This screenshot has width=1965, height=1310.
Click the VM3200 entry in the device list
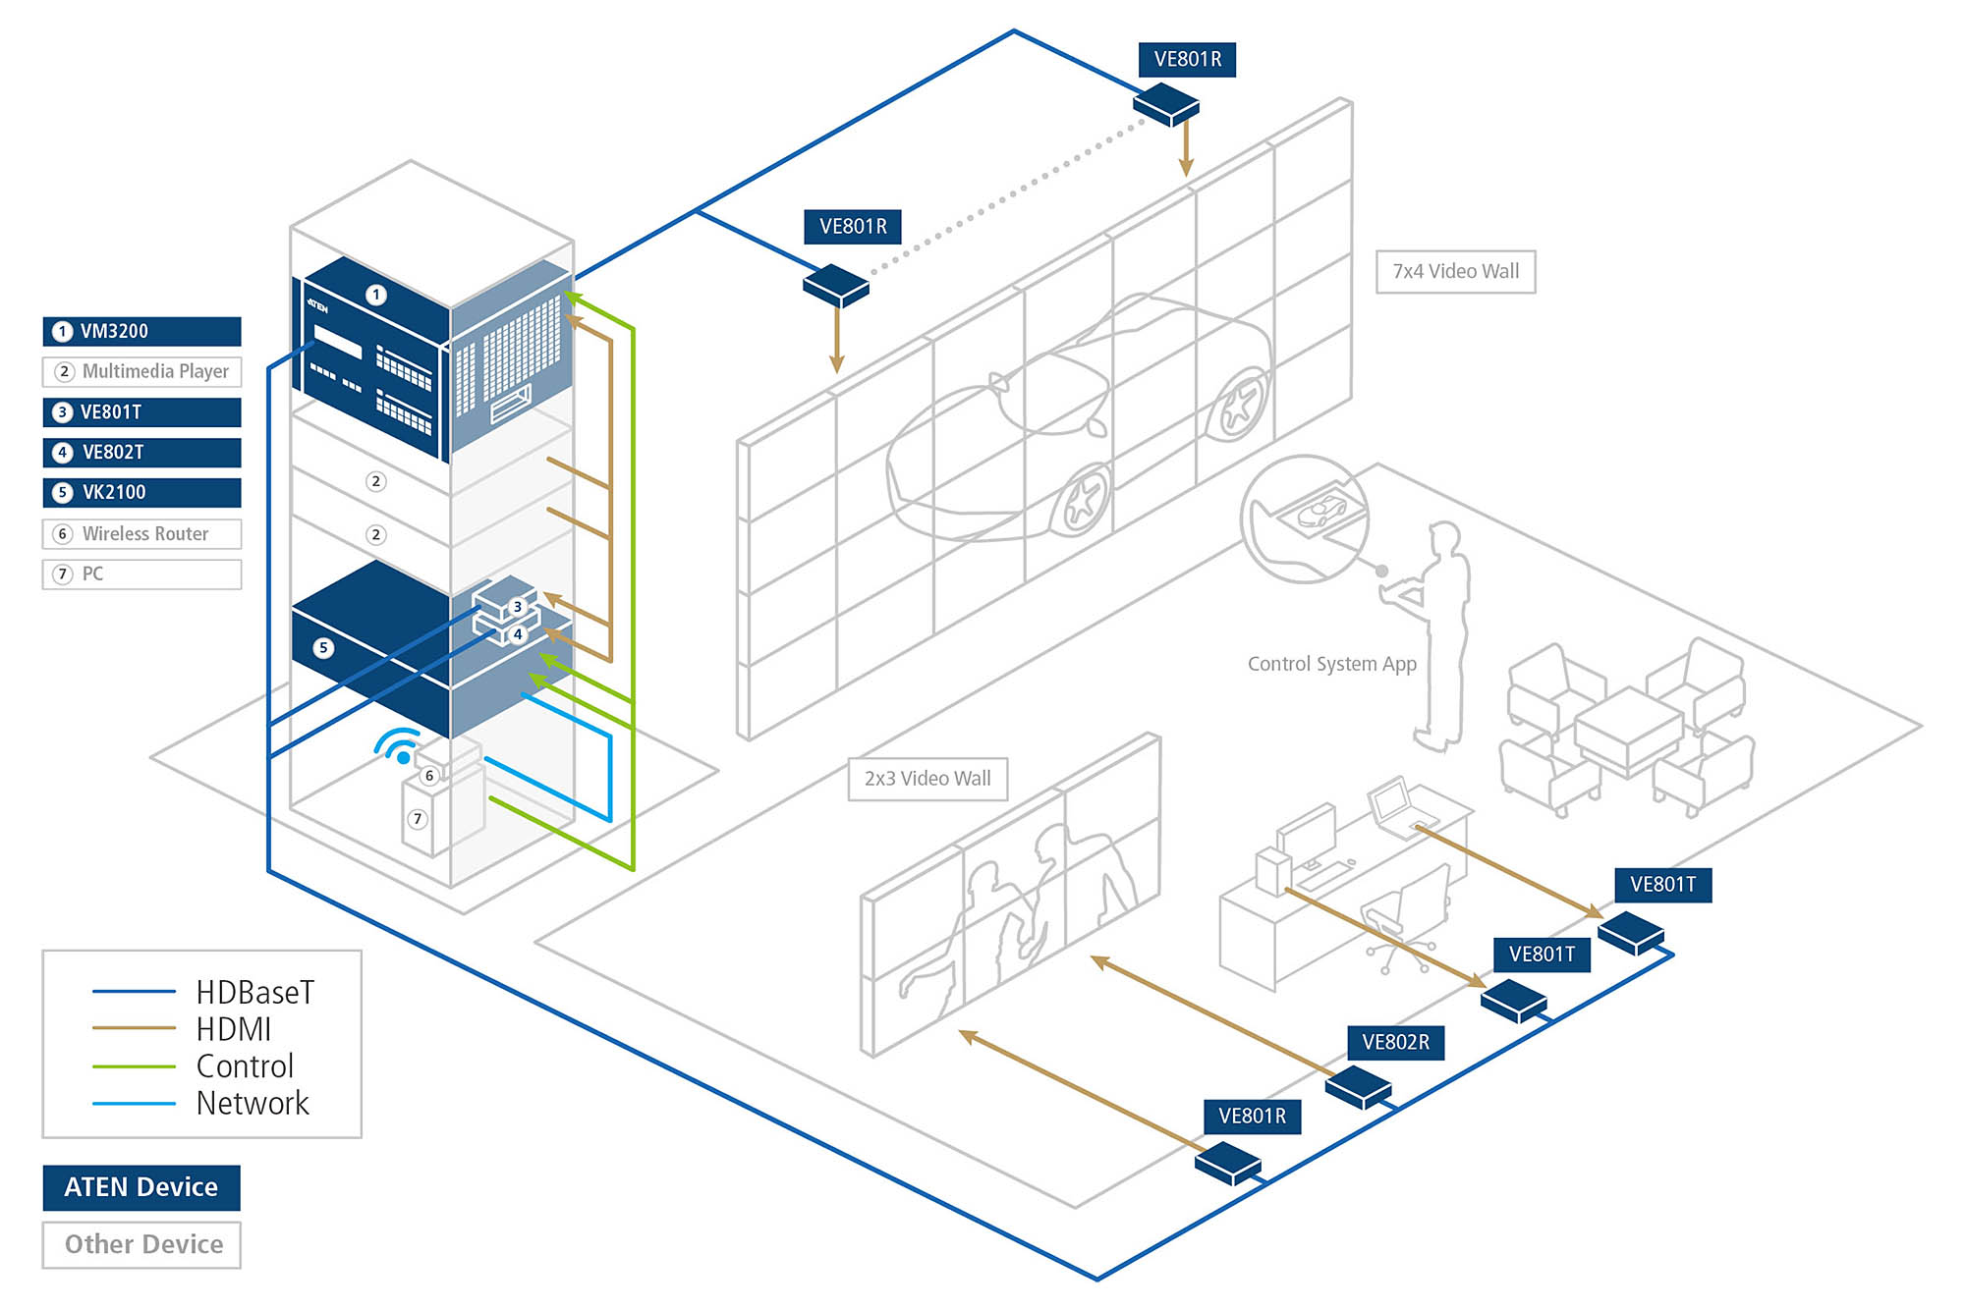[x=141, y=331]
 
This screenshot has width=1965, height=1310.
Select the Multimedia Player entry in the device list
[x=141, y=371]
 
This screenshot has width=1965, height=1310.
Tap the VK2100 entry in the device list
[x=141, y=492]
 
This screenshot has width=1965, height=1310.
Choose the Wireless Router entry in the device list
[x=141, y=533]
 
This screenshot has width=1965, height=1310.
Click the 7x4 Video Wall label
[x=1455, y=271]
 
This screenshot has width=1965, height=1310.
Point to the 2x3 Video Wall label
[x=927, y=779]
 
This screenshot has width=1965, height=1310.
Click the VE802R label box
[x=1395, y=1042]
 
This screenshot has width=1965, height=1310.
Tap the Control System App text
[x=1331, y=664]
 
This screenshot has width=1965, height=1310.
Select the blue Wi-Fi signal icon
[x=398, y=746]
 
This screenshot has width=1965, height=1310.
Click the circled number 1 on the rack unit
[x=375, y=295]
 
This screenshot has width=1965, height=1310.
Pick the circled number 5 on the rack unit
[x=323, y=648]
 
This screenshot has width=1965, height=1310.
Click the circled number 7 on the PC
[x=418, y=818]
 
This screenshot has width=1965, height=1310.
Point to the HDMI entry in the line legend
[x=233, y=1029]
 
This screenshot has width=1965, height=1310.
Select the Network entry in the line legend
[x=252, y=1103]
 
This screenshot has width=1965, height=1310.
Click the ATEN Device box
[x=141, y=1187]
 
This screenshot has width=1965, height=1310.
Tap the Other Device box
[x=141, y=1244]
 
